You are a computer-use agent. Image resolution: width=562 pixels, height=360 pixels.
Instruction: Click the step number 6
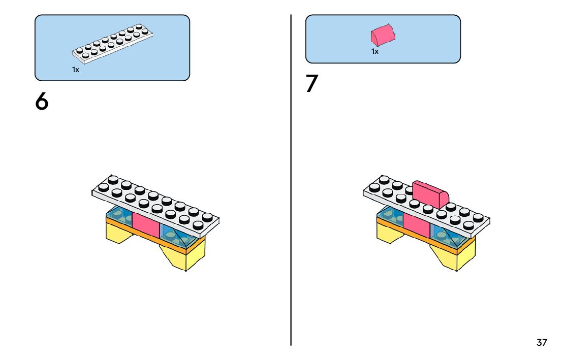[x=42, y=102]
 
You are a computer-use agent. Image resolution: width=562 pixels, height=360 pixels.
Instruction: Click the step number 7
[x=311, y=84]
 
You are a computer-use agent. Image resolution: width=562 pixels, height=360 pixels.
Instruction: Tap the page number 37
[x=542, y=342]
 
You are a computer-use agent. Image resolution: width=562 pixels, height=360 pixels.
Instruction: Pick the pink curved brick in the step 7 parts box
[x=383, y=35]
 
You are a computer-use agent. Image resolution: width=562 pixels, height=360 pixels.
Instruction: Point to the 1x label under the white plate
[x=76, y=70]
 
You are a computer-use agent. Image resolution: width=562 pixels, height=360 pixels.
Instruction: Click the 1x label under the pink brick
[x=375, y=51]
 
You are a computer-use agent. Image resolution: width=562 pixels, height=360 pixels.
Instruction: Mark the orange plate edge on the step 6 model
[x=152, y=237]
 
